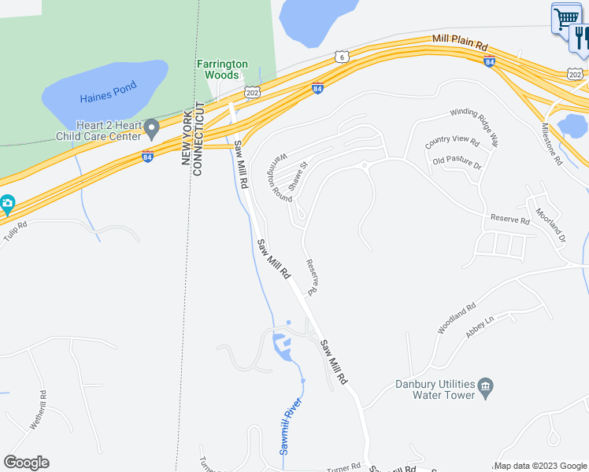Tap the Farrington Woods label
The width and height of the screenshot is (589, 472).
pyautogui.click(x=222, y=69)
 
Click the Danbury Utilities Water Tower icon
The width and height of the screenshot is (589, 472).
pyautogui.click(x=486, y=385)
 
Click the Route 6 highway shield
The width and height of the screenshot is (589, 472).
pyautogui.click(x=341, y=57)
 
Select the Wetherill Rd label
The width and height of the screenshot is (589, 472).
pyautogui.click(x=39, y=411)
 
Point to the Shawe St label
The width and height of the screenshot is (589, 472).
pyautogui.click(x=297, y=173)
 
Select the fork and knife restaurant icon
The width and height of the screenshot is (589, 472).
pyautogui.click(x=581, y=37)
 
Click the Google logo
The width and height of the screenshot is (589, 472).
pyautogui.click(x=26, y=463)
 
